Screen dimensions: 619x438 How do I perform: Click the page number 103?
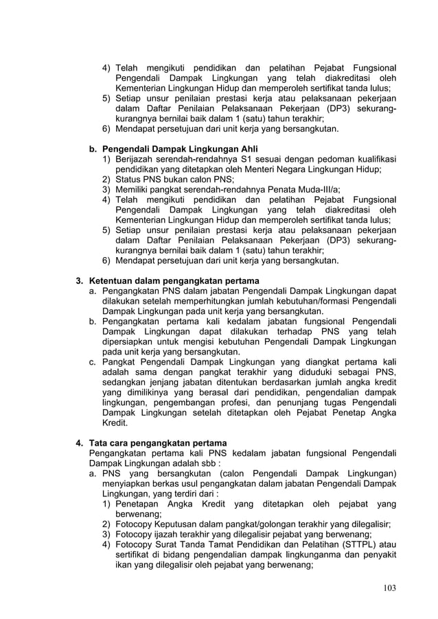pyautogui.click(x=389, y=587)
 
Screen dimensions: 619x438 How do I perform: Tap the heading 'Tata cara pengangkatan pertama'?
pyautogui.click(x=158, y=442)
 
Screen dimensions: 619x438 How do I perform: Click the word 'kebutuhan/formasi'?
pyautogui.click(x=325, y=300)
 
